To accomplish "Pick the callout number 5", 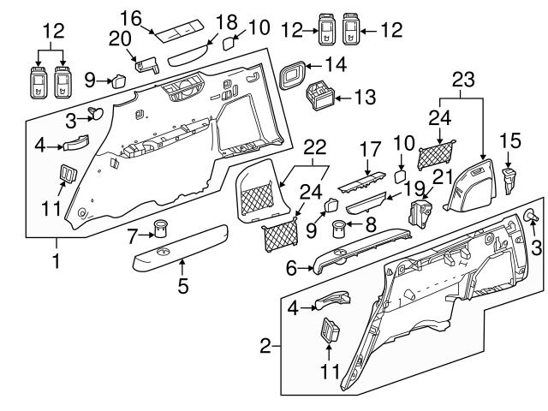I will coord(182,285).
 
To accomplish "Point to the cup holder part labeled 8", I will coord(342,228).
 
